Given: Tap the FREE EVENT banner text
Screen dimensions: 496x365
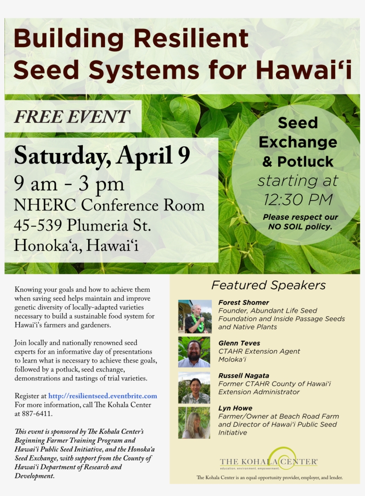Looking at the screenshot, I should coord(72,117).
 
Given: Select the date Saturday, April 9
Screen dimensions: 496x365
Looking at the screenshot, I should coord(102,155).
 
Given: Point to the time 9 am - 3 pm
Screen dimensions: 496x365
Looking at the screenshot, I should coord(69,183).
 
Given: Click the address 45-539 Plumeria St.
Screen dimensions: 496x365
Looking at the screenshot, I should coord(83,225).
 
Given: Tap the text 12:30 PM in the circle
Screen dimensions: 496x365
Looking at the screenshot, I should coord(298,199).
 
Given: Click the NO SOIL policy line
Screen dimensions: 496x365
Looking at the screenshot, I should coord(300,227).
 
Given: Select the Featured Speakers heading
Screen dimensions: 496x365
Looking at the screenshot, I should coord(268,285).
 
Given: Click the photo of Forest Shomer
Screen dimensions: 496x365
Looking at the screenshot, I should coord(195,316).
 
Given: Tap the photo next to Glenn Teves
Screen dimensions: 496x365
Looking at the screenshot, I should coord(195,351).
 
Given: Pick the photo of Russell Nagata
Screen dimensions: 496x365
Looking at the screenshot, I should coord(195,387).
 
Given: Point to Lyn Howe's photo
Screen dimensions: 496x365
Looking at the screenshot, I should coord(195,423).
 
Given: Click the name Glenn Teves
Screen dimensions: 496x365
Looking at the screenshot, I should coord(239,343).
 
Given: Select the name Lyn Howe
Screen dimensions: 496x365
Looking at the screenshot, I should coord(235,408).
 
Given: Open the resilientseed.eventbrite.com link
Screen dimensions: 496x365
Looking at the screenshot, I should coord(102,396).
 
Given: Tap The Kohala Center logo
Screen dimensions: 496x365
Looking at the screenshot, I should coord(268,460).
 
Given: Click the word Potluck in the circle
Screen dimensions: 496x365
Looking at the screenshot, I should coord(305,162).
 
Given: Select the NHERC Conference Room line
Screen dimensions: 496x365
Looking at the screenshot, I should coord(109,205).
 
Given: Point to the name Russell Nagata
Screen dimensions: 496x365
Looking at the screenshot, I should coord(243,375).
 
